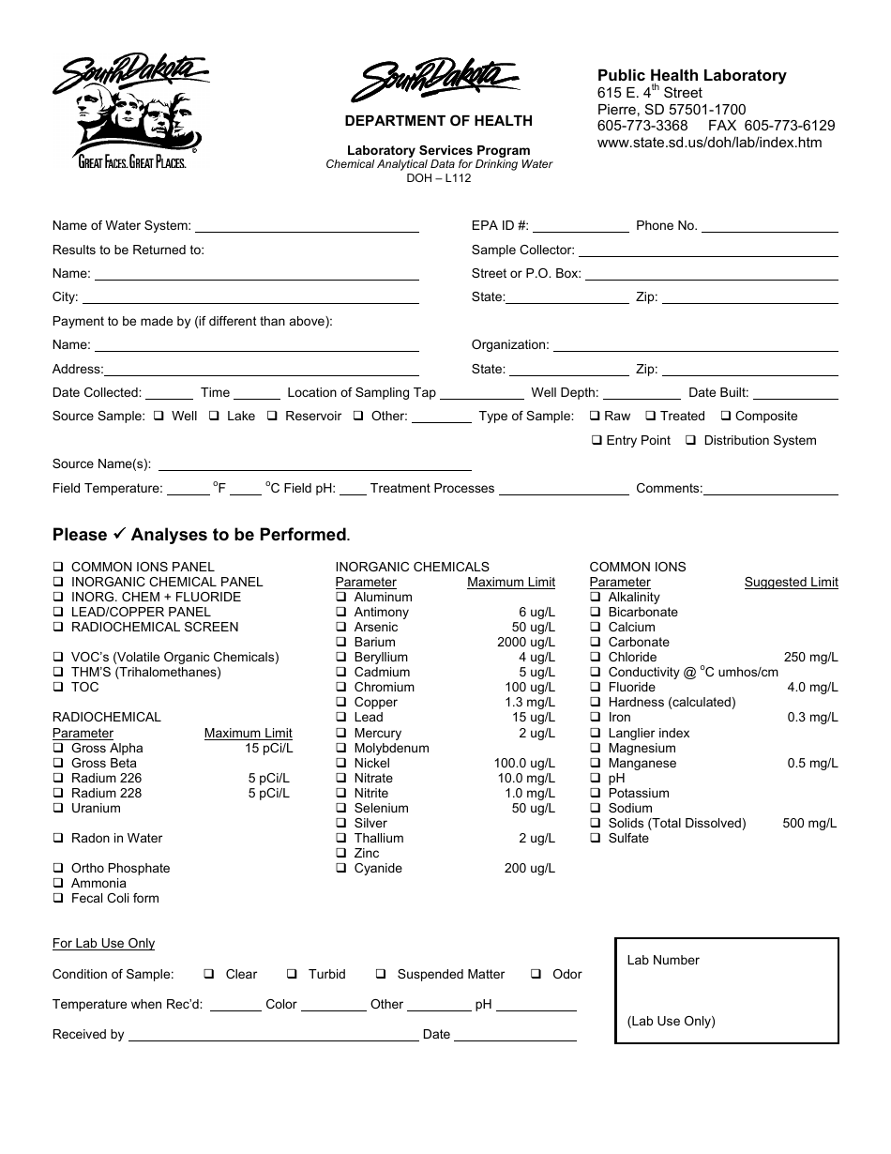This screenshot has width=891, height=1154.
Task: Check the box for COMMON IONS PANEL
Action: pyautogui.click(x=58, y=567)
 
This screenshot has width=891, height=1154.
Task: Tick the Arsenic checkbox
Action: pyautogui.click(x=341, y=627)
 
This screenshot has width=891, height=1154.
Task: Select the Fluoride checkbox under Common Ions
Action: pyautogui.click(x=596, y=687)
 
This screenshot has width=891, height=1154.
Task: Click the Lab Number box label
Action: pyautogui.click(x=663, y=960)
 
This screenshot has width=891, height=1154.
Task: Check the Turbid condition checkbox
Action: pyautogui.click(x=292, y=974)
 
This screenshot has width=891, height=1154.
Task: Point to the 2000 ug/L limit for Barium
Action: pyautogui.click(x=526, y=643)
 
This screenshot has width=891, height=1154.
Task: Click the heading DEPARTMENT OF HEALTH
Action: pyautogui.click(x=438, y=120)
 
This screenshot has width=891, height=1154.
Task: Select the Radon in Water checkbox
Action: pyautogui.click(x=58, y=838)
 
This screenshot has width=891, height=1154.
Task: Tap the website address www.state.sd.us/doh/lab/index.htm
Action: pyautogui.click(x=709, y=143)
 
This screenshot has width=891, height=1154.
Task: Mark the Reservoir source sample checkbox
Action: pyautogui.click(x=272, y=416)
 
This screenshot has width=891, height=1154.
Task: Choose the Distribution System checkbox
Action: pyautogui.click(x=690, y=440)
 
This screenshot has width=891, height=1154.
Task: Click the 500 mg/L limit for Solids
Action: pyautogui.click(x=809, y=823)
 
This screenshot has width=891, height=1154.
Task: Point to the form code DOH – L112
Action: pyautogui.click(x=439, y=177)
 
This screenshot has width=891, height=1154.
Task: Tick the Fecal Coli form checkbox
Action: pyautogui.click(x=58, y=898)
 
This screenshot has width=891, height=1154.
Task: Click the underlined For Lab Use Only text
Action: pyautogui.click(x=103, y=943)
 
